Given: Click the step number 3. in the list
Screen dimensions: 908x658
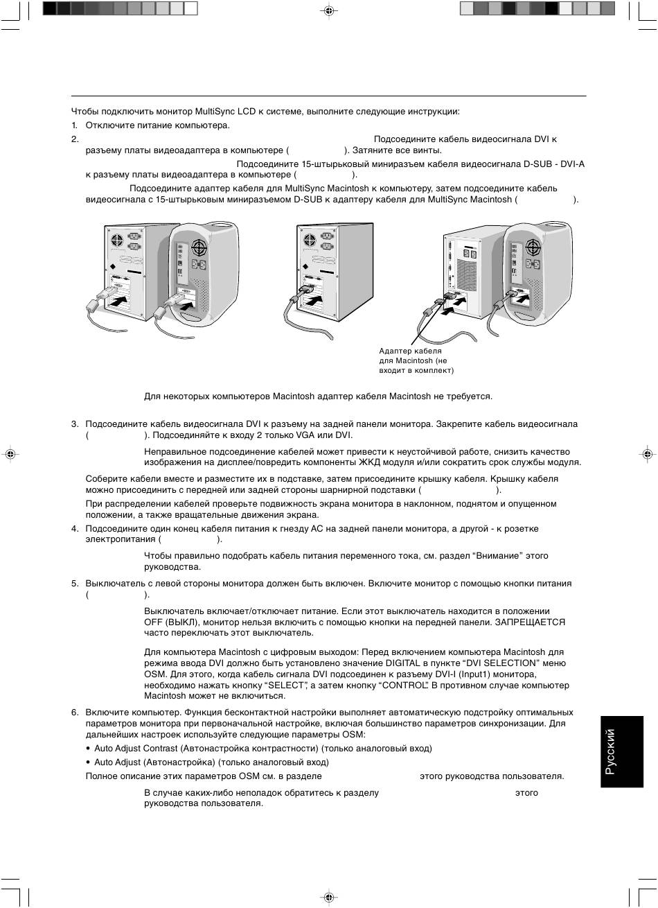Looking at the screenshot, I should coord(75,424).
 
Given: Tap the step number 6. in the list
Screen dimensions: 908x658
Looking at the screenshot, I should coord(75,713).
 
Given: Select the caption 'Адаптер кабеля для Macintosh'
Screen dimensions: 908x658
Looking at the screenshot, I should coord(416,361).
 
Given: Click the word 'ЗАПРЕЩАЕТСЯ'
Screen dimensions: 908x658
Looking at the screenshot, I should coord(530,622).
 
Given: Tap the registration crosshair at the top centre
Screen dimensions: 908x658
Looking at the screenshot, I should coord(329,11).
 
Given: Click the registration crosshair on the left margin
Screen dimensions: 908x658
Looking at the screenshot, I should coord(10,454).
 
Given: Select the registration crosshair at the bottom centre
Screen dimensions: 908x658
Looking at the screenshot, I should coord(329,897).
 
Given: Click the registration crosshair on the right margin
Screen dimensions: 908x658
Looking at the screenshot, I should coord(647,454).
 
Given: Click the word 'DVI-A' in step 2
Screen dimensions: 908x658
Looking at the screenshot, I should coord(572,164).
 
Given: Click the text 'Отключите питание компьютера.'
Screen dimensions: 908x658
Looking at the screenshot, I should coord(157,125).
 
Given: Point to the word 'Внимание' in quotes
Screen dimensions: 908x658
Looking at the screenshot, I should coord(497,556).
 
